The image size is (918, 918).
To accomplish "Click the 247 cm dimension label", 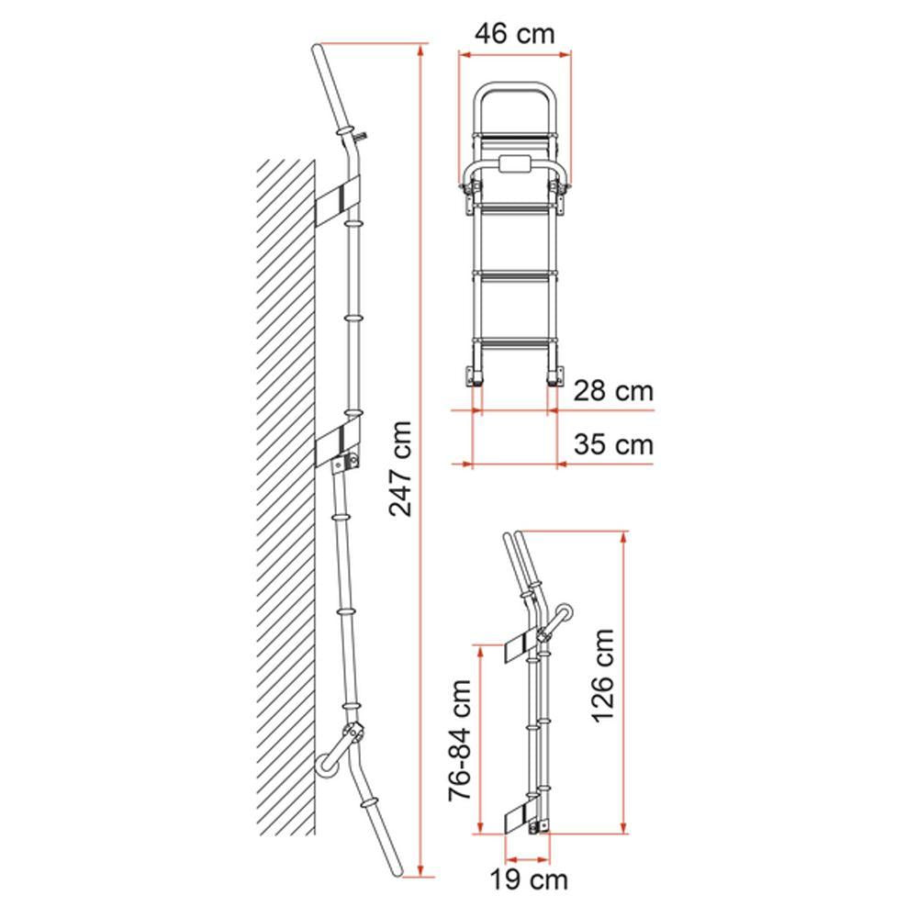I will [x=400, y=467].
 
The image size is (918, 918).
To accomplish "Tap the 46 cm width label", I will [x=514, y=34].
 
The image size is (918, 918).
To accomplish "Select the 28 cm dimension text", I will [x=614, y=391].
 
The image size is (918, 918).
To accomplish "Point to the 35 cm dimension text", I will [x=614, y=445].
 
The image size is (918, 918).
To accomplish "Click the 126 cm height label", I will [x=602, y=675].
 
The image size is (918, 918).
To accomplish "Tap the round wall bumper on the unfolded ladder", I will [x=326, y=764].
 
